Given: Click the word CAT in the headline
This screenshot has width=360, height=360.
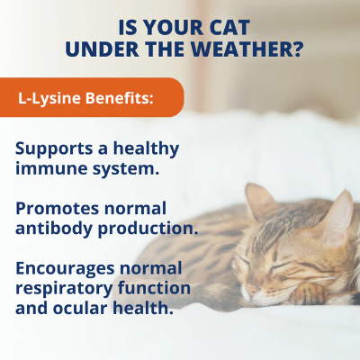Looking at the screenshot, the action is coord(229,28).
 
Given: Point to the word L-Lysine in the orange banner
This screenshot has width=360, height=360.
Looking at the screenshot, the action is coord(49,98).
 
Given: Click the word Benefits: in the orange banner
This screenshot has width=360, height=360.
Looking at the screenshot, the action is coord(120,98).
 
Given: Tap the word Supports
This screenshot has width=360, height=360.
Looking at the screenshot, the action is coord(54,149).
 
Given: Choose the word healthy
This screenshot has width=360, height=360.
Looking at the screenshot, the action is coord(146,149).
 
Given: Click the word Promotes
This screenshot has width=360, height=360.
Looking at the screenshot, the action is coord(58,209).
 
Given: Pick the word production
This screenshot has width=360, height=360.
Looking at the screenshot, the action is coord(148,229).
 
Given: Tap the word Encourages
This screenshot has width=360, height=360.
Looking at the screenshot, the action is coord(65,269).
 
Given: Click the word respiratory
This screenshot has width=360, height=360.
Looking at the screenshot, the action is coord(64,289).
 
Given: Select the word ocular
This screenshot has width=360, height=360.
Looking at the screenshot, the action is coord(79,308).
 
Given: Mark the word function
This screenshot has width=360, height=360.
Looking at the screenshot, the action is coord(154,288).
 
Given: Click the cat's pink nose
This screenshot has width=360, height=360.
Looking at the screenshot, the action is coord(251,289).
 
